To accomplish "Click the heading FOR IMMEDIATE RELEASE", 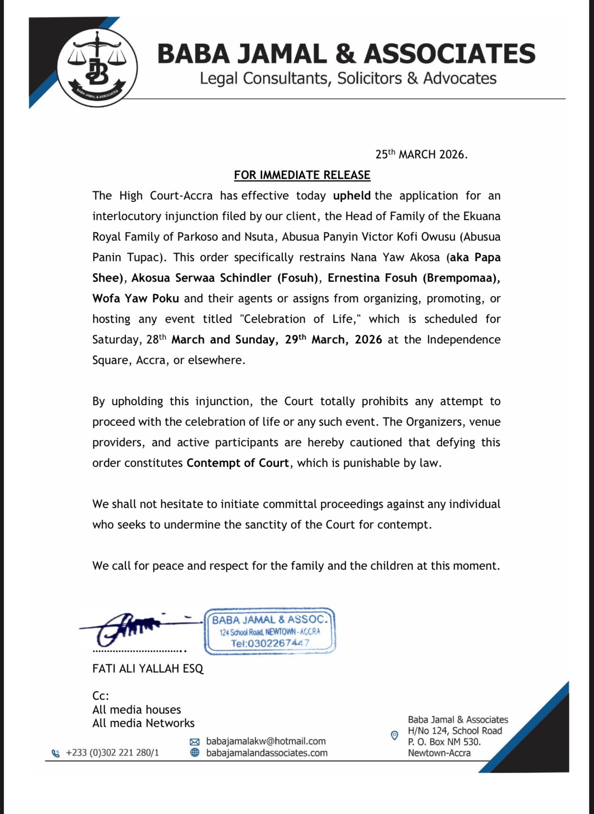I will point(302,175).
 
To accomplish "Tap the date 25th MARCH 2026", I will point(421,154).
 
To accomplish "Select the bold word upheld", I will point(352,196).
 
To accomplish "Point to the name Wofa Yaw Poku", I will point(135,298).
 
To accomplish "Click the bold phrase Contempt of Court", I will point(238,463).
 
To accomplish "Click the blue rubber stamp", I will point(270,631).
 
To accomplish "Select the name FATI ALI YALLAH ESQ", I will point(148,669).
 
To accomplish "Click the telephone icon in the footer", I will point(55,753).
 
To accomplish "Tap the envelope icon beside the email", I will point(195,742).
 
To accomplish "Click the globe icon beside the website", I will point(195,753).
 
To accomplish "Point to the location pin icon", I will point(394,736).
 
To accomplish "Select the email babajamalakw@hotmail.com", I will point(266,741).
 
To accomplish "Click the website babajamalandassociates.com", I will point(267,753).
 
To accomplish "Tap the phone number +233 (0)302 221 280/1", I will point(112,753).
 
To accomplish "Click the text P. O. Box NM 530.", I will point(444,742).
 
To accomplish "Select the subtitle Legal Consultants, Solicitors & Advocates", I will point(348,78).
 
